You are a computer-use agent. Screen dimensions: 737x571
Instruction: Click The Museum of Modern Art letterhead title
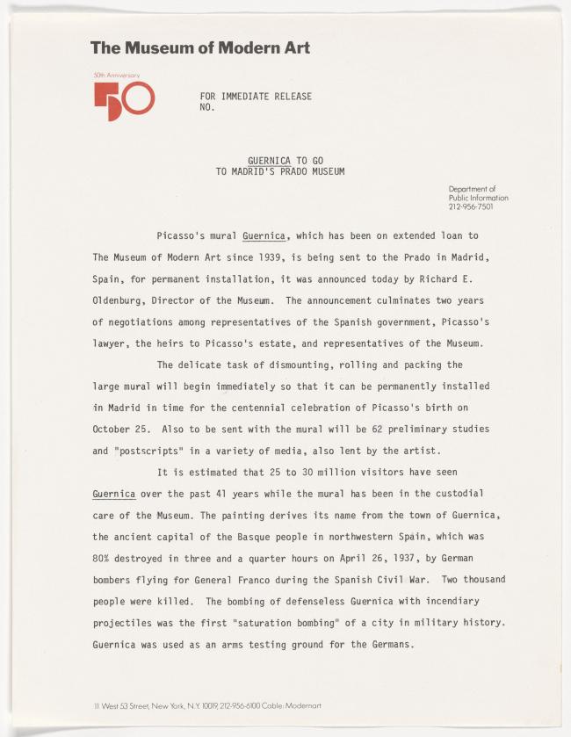[x=200, y=48]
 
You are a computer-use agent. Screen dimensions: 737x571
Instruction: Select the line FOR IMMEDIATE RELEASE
[x=256, y=96]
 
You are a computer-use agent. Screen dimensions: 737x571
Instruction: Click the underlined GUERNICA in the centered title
[x=269, y=161]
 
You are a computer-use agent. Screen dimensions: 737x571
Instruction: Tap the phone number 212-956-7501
[x=470, y=207]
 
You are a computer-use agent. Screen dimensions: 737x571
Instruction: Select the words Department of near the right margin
[x=472, y=189]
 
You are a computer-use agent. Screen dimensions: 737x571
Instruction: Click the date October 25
[x=117, y=429]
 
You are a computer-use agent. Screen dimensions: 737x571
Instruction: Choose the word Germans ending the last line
[x=387, y=644]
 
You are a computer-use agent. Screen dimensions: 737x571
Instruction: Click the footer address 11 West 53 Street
[x=132, y=705]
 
